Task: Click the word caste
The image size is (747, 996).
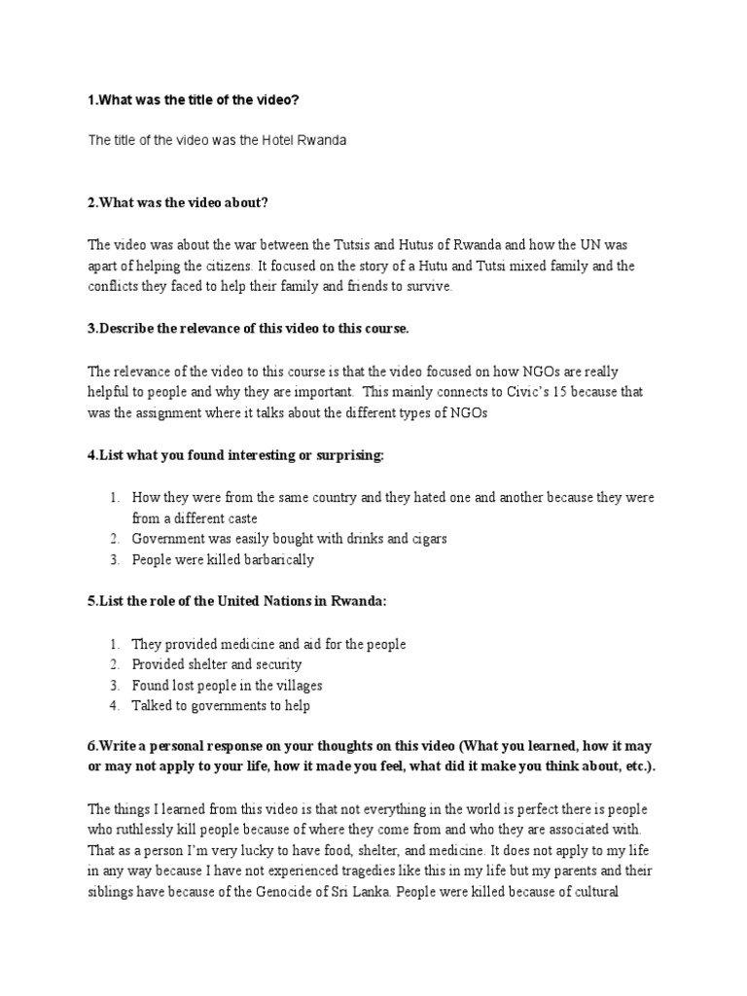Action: coord(239,518)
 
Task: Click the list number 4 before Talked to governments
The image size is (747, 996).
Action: coord(114,706)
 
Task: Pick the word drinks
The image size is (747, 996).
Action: coord(356,539)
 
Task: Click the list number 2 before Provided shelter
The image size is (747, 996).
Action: coord(114,664)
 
